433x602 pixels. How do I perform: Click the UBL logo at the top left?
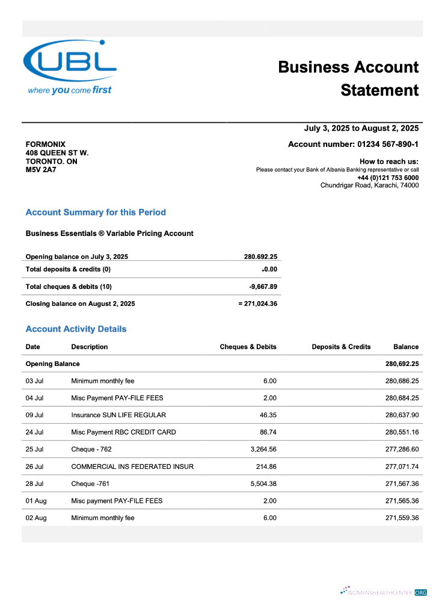click(70, 67)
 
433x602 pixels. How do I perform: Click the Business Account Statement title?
click(348, 78)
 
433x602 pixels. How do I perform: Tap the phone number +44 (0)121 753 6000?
click(387, 178)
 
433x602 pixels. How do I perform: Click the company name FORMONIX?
click(46, 144)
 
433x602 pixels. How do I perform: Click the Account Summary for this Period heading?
click(96, 213)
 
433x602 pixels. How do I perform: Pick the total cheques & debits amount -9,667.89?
click(263, 287)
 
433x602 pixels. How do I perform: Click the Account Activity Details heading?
click(76, 329)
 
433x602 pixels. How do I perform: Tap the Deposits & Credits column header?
click(341, 347)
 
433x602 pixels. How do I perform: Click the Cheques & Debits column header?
click(248, 347)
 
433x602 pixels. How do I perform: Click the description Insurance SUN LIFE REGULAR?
click(118, 415)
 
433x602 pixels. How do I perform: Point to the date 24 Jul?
click(34, 432)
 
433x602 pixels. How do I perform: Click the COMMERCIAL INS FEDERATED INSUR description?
click(132, 467)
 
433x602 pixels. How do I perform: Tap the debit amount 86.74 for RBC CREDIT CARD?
click(267, 432)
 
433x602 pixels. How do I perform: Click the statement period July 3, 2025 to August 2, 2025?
click(361, 128)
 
